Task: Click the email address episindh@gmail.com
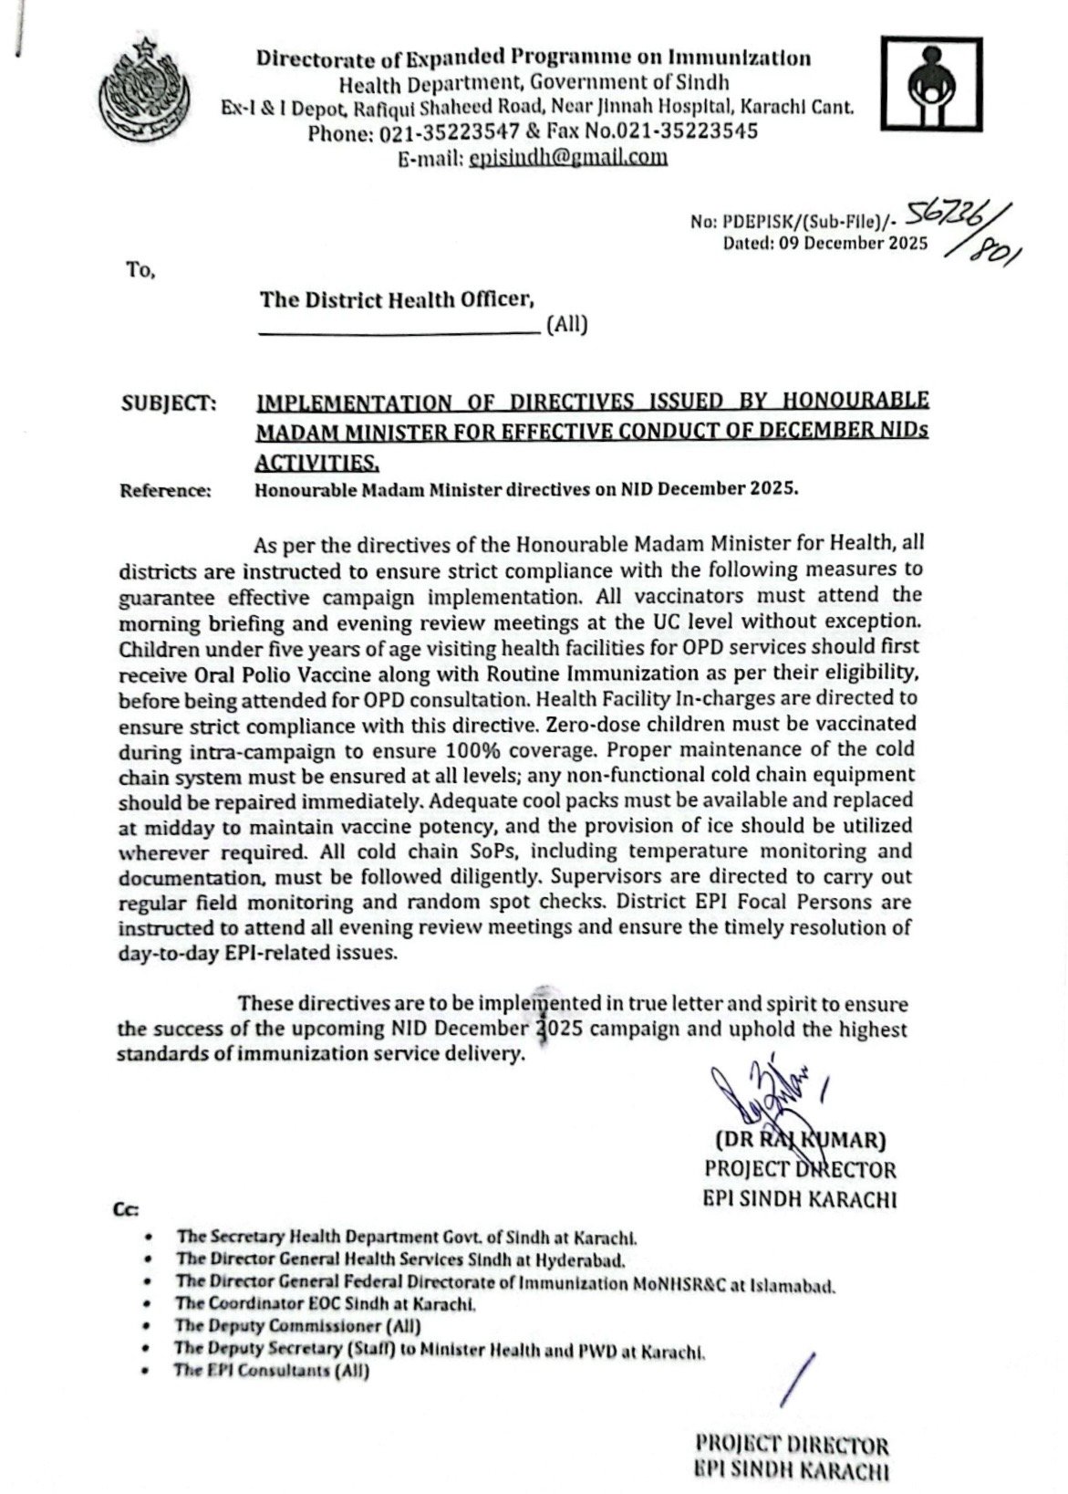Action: click(x=567, y=157)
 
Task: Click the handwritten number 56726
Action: click(x=958, y=215)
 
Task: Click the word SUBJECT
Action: click(x=168, y=402)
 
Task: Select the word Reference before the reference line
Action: click(x=165, y=490)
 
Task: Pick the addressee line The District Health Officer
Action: click(x=396, y=298)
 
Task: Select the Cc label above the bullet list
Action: click(x=126, y=1209)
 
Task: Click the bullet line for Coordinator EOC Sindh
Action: click(x=327, y=1305)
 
